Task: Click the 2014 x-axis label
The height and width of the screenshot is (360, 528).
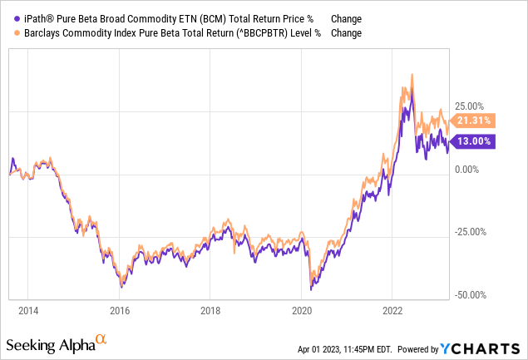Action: tap(28, 312)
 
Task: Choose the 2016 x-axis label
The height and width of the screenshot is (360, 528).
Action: tap(120, 312)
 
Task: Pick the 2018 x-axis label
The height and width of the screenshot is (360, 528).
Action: tap(210, 312)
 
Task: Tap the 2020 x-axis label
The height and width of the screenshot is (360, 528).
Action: tap(302, 312)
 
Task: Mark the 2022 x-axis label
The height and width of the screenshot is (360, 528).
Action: tap(392, 312)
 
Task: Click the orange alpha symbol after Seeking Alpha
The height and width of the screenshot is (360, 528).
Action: tap(101, 339)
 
